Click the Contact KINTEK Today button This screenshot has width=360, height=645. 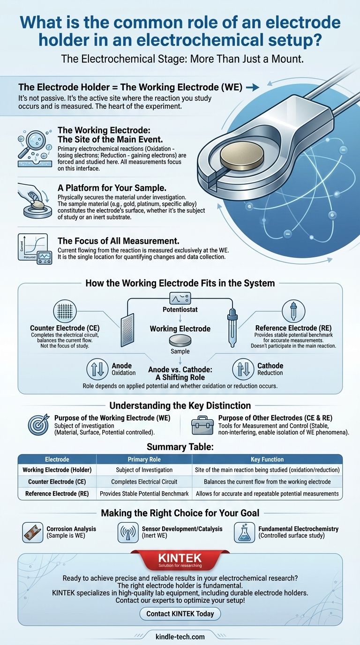pos(180,614)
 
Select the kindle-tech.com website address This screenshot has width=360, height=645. pos(180,636)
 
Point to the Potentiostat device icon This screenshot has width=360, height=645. pos(180,298)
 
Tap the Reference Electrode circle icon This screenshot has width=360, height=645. pos(293,311)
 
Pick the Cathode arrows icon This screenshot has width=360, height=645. pos(243,369)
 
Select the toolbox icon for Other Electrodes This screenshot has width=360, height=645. pos(202,424)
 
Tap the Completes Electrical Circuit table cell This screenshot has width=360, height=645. pos(143,481)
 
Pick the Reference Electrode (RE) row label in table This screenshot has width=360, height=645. pos(57,493)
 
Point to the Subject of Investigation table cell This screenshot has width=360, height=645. pos(143,470)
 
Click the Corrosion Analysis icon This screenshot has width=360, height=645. pos(32,532)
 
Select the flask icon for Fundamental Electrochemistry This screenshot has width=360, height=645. pos(245,532)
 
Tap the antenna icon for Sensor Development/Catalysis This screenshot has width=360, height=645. pos(128,532)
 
